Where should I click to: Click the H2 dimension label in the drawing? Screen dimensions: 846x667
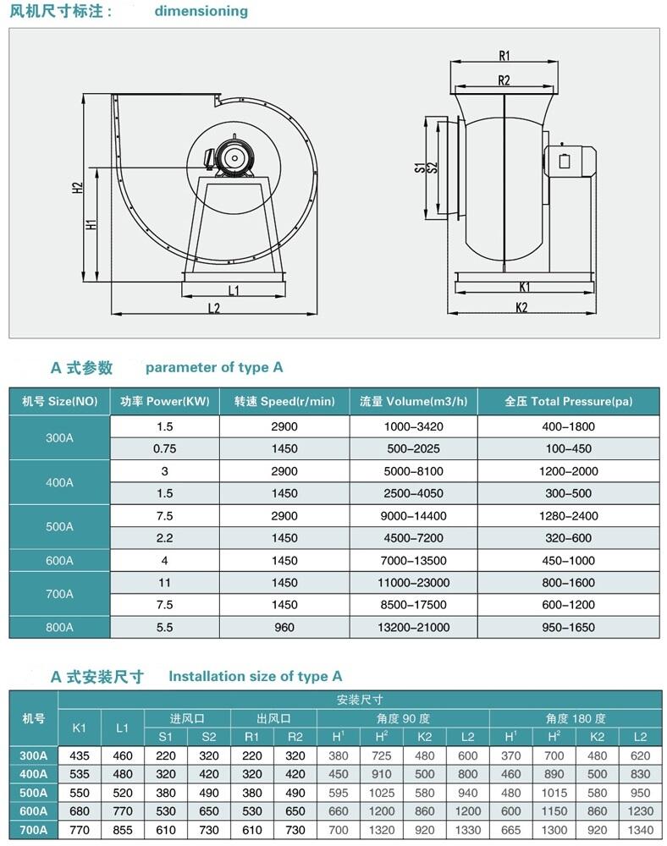click(77, 188)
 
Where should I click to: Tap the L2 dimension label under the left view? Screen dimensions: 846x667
click(214, 308)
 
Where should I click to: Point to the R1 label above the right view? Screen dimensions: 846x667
click(504, 56)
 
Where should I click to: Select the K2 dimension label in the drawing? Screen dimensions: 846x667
click(521, 307)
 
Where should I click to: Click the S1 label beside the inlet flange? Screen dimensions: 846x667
click(419, 167)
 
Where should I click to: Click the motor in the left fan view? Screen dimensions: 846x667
click(232, 157)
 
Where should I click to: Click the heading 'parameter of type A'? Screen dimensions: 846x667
click(214, 367)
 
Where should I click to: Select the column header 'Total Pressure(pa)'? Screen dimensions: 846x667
click(568, 401)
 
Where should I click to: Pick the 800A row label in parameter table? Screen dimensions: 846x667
click(59, 627)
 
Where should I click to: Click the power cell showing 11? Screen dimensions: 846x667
click(164, 582)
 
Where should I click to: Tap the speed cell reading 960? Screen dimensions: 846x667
click(284, 627)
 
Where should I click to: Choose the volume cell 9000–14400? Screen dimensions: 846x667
click(412, 515)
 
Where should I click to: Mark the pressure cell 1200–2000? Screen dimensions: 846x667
click(568, 470)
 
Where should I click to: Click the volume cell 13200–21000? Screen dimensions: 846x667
click(412, 627)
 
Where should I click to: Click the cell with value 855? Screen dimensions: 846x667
click(123, 830)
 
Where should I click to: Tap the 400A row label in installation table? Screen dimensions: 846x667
click(33, 774)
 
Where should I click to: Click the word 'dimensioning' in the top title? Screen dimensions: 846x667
click(201, 11)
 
